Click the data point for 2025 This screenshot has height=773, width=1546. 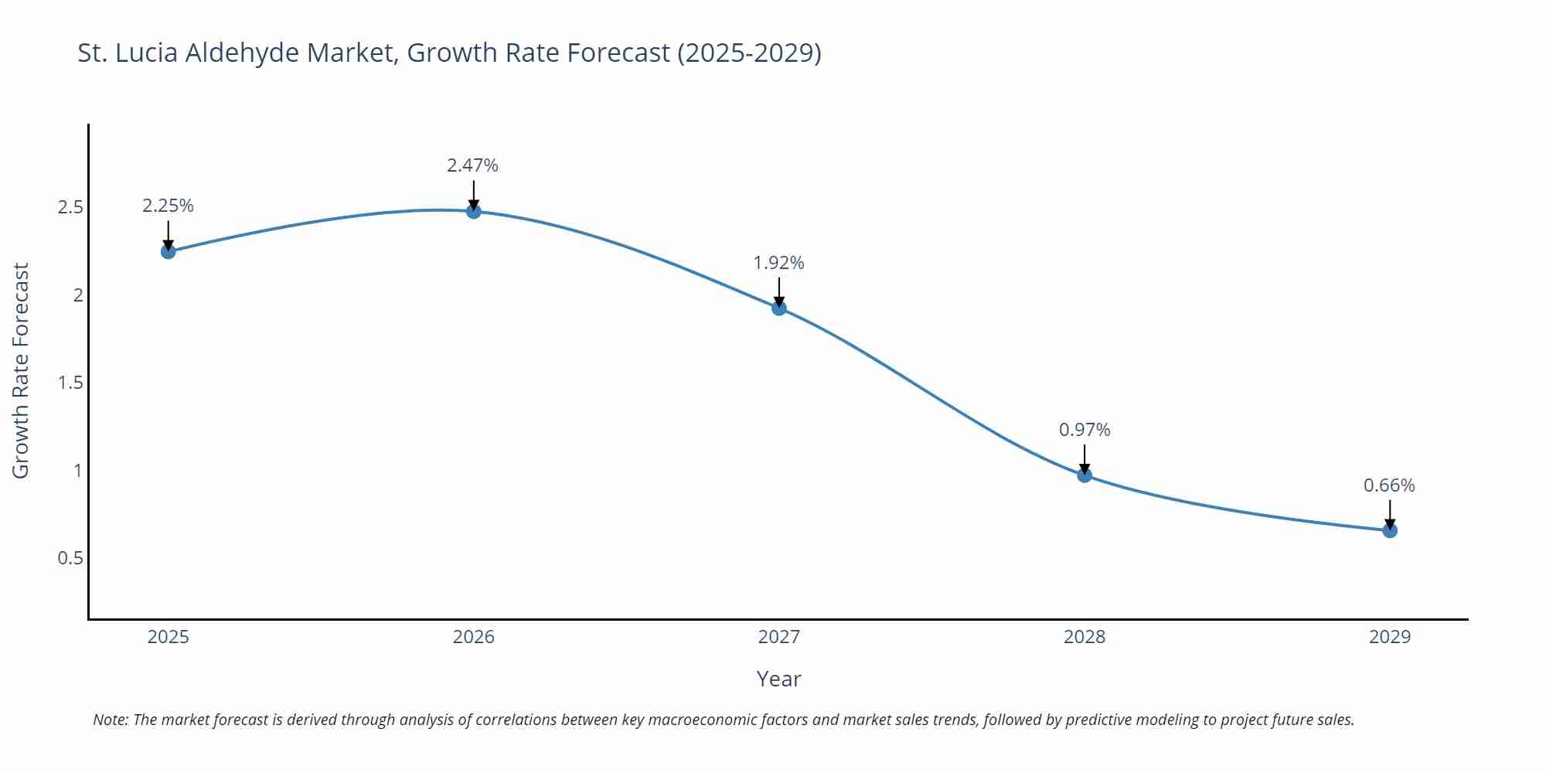pyautogui.click(x=168, y=251)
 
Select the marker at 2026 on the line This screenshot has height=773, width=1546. pyautogui.click(x=473, y=211)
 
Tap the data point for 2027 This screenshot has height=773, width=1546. pyautogui.click(x=779, y=308)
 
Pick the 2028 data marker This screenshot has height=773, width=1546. pyautogui.click(x=1085, y=475)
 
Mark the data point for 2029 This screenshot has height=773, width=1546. pyautogui.click(x=1390, y=530)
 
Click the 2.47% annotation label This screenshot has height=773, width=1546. pyautogui.click(x=472, y=165)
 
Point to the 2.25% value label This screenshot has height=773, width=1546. pyautogui.click(x=168, y=206)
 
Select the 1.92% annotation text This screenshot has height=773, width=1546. pyautogui.click(x=778, y=263)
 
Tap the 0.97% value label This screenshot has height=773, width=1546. pyautogui.click(x=1085, y=430)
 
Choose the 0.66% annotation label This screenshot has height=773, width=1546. pyautogui.click(x=1389, y=485)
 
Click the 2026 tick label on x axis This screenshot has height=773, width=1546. pyautogui.click(x=473, y=637)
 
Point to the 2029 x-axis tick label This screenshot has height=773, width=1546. pyautogui.click(x=1390, y=637)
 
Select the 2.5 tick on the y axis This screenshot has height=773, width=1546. pyautogui.click(x=70, y=207)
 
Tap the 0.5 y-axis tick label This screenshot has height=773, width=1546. pyautogui.click(x=70, y=558)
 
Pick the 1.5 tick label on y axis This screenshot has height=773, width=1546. pyautogui.click(x=70, y=383)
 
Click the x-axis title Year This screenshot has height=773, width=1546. pyautogui.click(x=778, y=679)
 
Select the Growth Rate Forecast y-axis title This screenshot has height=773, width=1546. pyautogui.click(x=21, y=370)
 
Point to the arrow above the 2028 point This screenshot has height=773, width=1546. pyautogui.click(x=1085, y=459)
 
